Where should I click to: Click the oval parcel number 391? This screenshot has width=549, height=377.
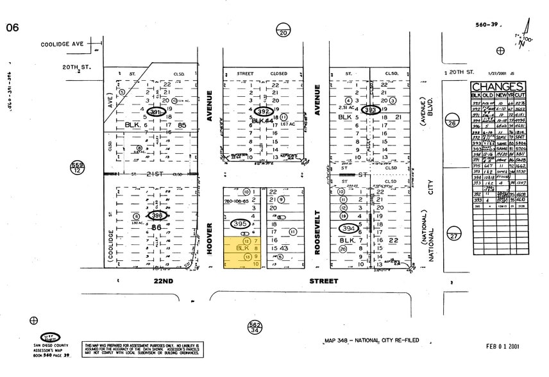[154, 112]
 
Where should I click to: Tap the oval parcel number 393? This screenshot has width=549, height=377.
[370, 110]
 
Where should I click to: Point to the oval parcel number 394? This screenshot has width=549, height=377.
[349, 228]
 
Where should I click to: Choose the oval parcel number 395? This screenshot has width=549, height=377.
[240, 224]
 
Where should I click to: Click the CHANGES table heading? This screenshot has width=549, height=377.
[498, 87]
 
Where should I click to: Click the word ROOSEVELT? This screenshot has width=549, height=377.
[317, 233]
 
